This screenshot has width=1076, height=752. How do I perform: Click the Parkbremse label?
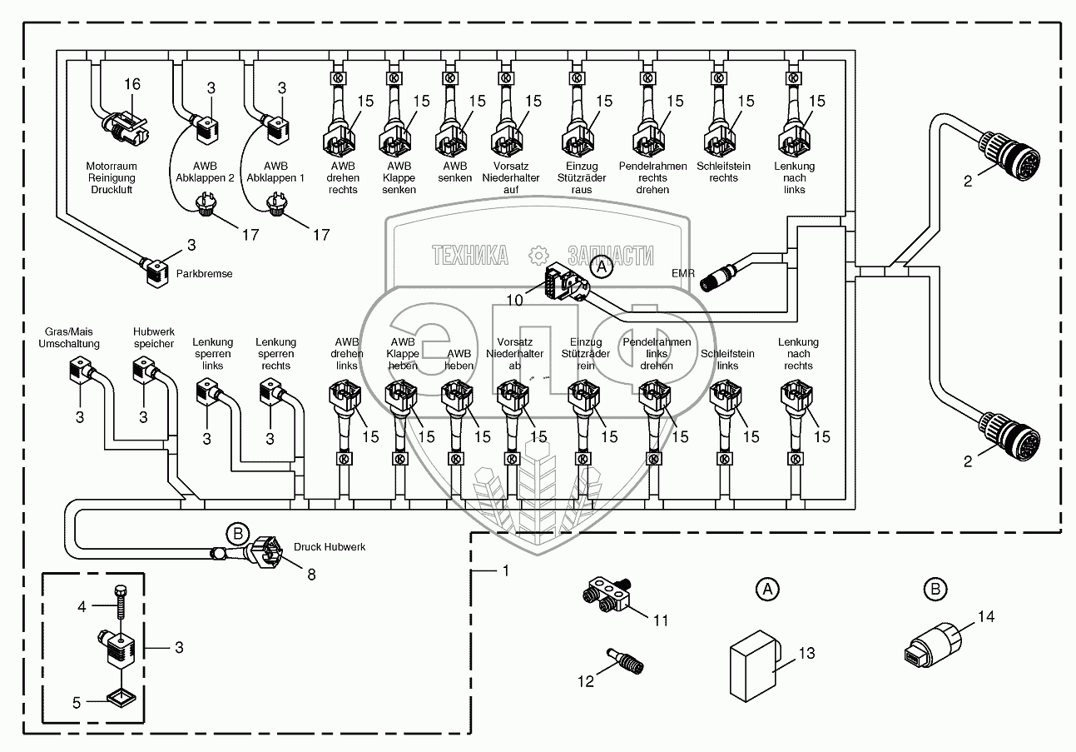205,273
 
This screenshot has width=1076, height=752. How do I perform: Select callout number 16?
132,84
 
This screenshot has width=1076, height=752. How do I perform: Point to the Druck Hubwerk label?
330,547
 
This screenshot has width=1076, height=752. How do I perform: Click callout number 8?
311,574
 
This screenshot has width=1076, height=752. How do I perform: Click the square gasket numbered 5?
118,695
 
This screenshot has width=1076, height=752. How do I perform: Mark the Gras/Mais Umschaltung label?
69,337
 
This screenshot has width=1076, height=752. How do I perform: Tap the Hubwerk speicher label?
153,337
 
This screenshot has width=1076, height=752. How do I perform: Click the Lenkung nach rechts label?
798,354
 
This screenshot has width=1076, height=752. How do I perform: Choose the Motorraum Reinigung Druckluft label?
111,178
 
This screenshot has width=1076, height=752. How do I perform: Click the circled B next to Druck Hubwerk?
237,533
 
